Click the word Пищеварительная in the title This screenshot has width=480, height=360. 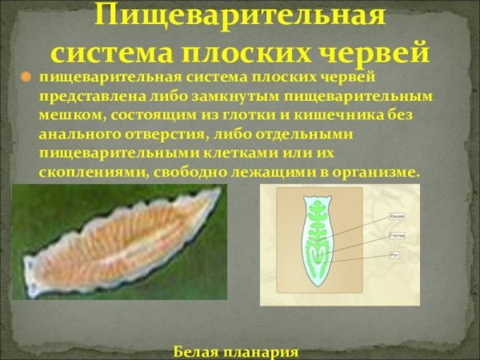point(240,14)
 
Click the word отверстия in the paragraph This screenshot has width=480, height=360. point(162,134)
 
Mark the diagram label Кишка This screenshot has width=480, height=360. point(397,216)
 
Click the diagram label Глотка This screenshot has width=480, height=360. point(398,235)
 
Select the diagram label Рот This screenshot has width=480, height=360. point(394,254)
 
